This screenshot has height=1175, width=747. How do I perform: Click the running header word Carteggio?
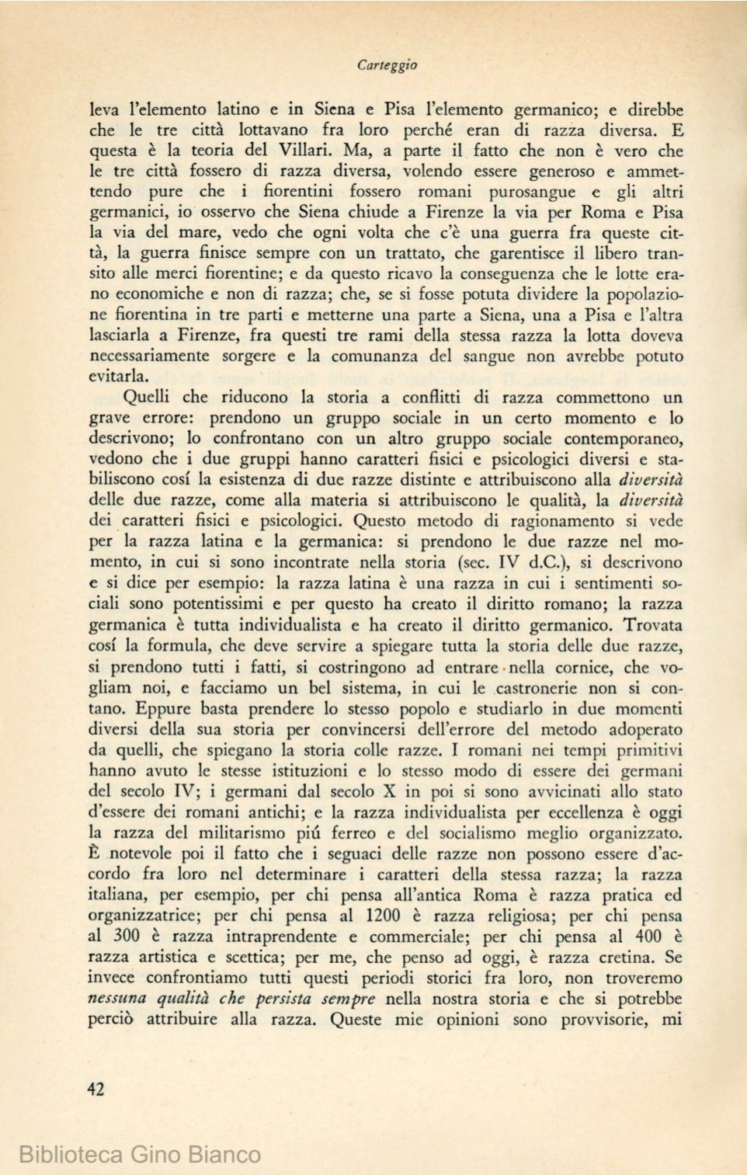[x=387, y=66]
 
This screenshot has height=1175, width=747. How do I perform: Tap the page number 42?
[x=96, y=1089]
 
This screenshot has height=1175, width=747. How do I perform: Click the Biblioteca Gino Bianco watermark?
[x=140, y=1154]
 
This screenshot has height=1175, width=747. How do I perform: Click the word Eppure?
[x=163, y=708]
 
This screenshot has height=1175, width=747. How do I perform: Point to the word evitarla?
[x=119, y=377]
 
